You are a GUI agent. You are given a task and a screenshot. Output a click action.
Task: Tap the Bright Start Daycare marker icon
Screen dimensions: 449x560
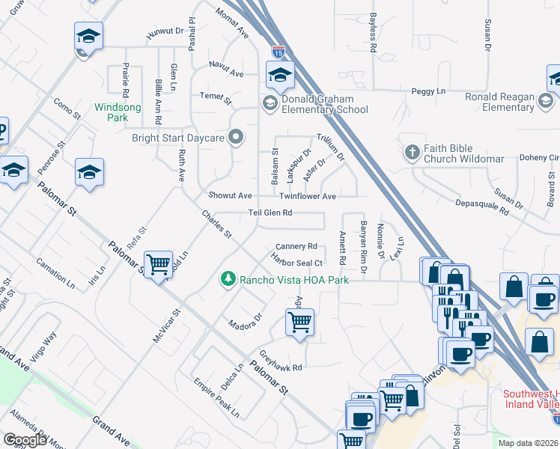click(x=237, y=136)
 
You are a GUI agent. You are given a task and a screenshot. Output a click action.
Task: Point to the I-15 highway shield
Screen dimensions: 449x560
click(x=279, y=53)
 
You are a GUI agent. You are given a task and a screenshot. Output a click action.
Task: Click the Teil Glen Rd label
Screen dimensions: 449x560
click(x=270, y=213)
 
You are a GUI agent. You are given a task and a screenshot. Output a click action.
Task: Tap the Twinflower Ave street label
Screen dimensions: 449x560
click(x=308, y=196)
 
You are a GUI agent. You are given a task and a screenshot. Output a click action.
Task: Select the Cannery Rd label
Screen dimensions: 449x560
click(x=296, y=245)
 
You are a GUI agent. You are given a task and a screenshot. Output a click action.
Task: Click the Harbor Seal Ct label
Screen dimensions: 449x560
click(x=297, y=263)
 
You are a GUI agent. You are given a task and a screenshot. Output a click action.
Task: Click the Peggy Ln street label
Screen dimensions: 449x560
click(x=428, y=91)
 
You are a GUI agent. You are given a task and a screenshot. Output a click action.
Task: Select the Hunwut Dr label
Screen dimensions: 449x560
click(x=164, y=31)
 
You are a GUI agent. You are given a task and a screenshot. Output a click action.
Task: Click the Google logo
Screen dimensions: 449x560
click(x=25, y=440)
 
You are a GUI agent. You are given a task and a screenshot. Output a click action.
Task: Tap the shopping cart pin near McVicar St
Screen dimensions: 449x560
click(x=158, y=264)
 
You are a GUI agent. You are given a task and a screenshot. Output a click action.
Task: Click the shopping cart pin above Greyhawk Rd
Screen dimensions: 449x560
click(x=299, y=323)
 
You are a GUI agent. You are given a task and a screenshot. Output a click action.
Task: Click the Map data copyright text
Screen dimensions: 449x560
click(x=527, y=443)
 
